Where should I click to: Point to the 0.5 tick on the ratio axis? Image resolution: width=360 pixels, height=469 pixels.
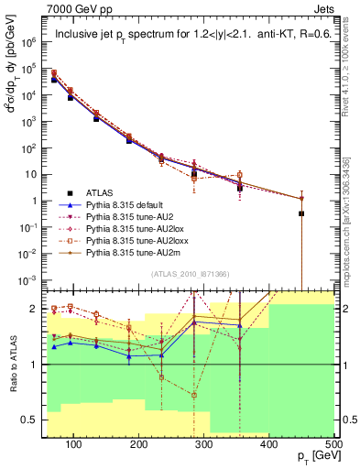pyautogui.click(x=32, y=420)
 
